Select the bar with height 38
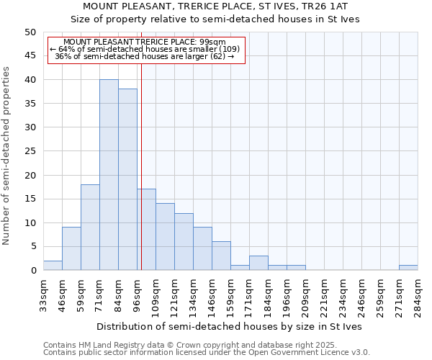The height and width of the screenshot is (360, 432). coord(127,180)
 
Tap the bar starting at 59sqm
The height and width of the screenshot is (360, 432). coord(90,228)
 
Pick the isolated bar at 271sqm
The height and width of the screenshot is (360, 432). coord(408,268)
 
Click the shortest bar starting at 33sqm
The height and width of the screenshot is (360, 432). coord(53,266)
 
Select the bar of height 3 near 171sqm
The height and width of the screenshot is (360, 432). coord(258,263)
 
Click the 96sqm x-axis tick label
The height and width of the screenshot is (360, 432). coord(138,294)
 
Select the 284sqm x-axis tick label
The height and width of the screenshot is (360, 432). coord(418,294)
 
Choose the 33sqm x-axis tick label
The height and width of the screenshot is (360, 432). coord(44,294)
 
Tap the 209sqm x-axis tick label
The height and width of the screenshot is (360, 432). coord(306,294)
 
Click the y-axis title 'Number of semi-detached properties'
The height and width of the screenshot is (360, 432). coord(7,156)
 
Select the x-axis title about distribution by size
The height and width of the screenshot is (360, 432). coord(230,326)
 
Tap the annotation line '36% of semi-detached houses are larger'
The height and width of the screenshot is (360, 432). coord(144,56)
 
